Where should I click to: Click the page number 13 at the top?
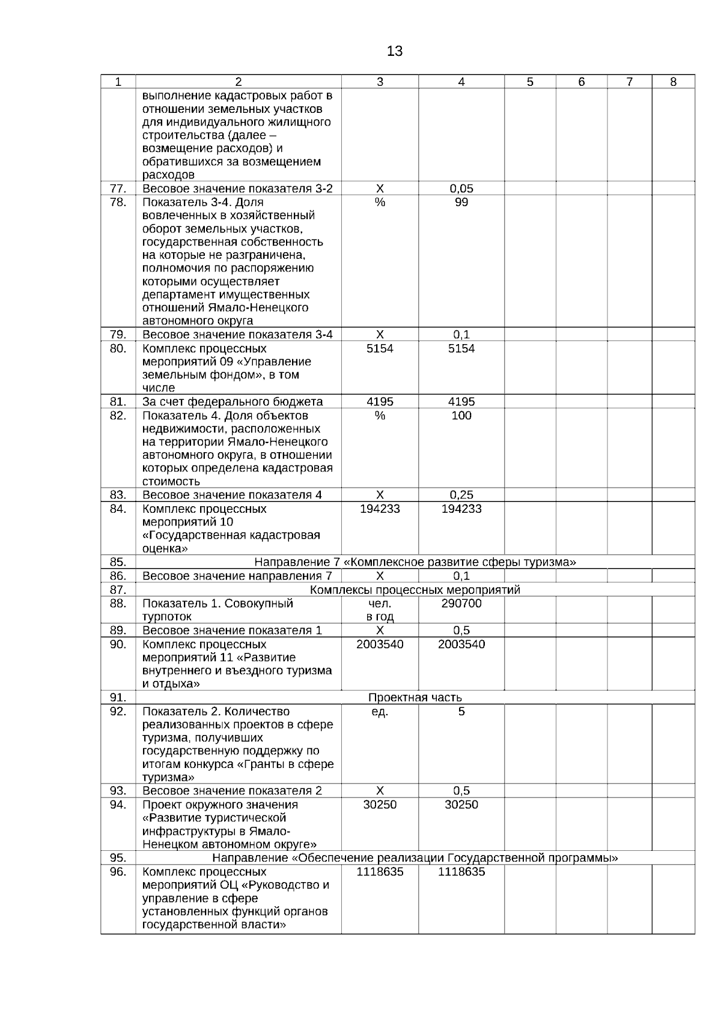click(x=395, y=52)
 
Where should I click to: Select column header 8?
click(x=673, y=82)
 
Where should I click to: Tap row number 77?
click(x=118, y=189)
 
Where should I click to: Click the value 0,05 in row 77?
click(x=461, y=189)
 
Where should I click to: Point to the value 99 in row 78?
click(x=461, y=202)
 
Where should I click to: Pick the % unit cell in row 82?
click(x=380, y=416)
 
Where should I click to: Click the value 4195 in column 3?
click(x=380, y=402)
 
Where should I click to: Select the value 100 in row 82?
click(x=461, y=416)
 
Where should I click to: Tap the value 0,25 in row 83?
click(x=461, y=495)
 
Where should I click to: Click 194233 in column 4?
click(x=461, y=509)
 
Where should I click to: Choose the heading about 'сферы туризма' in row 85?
click(x=415, y=562)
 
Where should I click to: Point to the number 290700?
click(x=461, y=603)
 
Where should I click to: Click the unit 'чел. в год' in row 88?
click(x=380, y=610)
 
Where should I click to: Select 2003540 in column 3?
click(x=380, y=644)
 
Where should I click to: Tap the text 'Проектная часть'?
click(x=415, y=698)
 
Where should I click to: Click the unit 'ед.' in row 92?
click(x=380, y=712)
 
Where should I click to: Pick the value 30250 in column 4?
click(x=461, y=805)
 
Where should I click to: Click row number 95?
click(x=118, y=858)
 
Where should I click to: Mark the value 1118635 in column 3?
click(x=380, y=872)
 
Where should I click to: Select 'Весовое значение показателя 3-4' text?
click(x=237, y=335)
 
